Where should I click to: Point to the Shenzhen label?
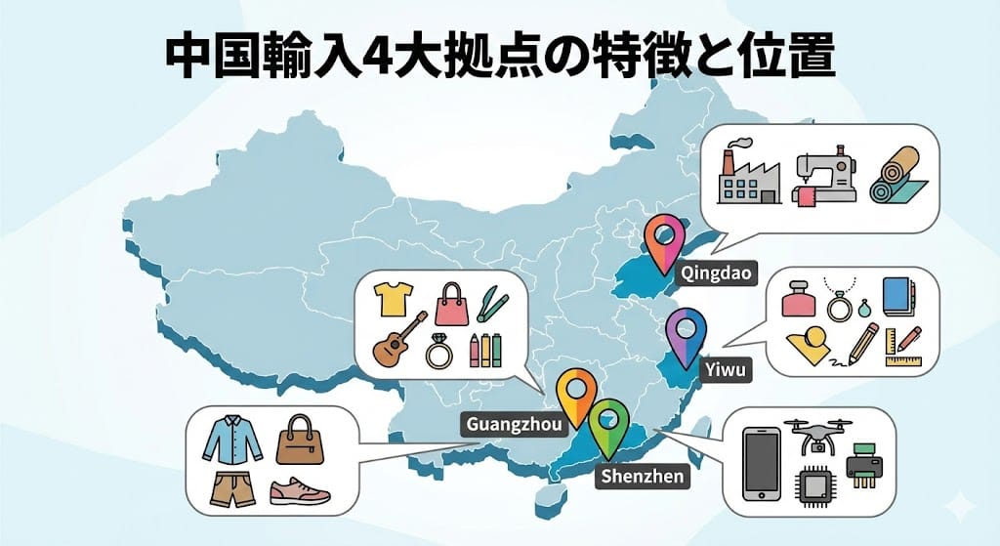coord(642,477)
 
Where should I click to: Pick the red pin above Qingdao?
coord(667,238)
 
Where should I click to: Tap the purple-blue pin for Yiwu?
coord(687,333)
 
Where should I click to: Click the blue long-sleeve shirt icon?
coord(233,439)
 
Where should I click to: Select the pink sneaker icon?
coord(299,490)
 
